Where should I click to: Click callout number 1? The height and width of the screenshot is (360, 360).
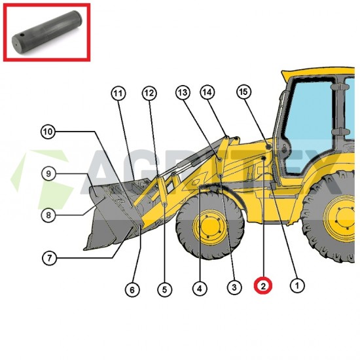(297, 285)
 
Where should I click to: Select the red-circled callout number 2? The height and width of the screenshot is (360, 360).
(263, 285)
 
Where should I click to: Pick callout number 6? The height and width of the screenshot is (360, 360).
(133, 289)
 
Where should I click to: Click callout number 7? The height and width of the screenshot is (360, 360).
(50, 258)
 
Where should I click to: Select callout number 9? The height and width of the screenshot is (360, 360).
(50, 173)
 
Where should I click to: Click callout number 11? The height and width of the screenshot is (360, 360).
(118, 93)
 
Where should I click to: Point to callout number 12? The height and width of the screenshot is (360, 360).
(149, 93)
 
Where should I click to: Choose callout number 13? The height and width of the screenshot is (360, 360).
(181, 92)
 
